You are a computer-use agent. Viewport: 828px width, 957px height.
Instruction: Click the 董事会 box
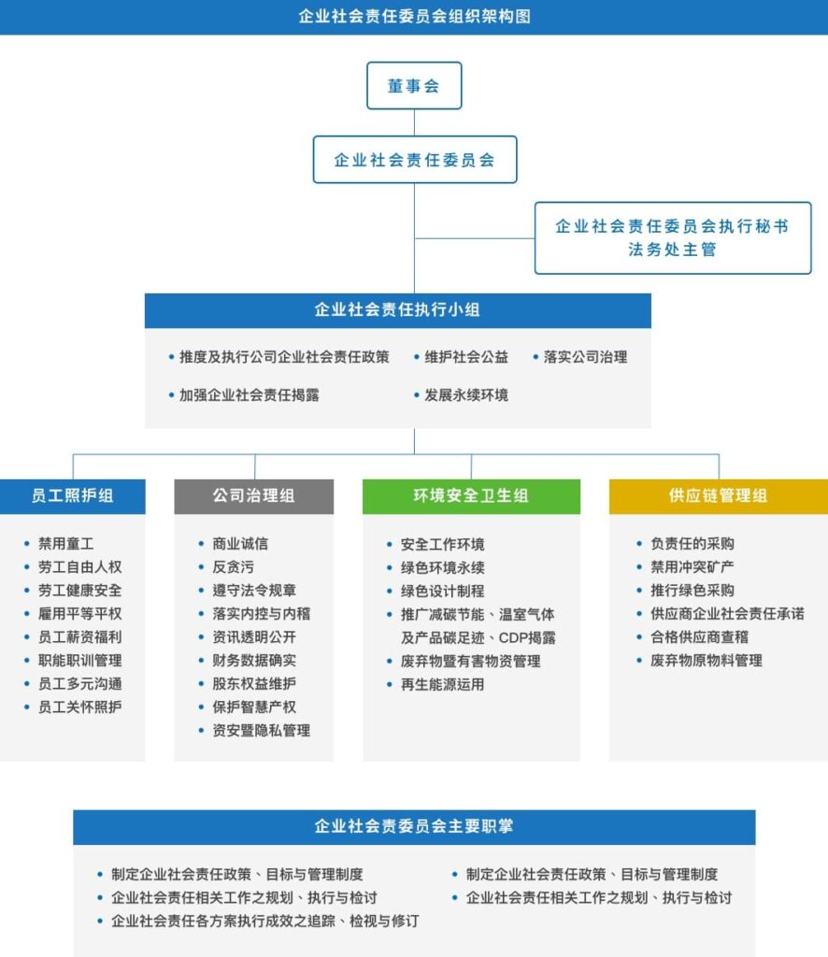tap(414, 85)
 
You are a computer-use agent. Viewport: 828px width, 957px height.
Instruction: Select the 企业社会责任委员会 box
tap(415, 159)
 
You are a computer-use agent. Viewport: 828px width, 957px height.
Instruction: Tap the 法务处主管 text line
tap(672, 250)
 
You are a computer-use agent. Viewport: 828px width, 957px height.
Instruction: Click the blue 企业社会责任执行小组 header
tap(398, 310)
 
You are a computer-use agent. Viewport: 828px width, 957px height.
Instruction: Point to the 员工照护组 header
tap(73, 495)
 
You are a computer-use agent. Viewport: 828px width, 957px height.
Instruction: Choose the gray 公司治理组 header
tap(254, 495)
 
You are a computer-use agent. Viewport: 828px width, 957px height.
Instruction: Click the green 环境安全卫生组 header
tap(471, 495)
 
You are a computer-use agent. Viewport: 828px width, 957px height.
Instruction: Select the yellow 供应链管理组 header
tap(718, 495)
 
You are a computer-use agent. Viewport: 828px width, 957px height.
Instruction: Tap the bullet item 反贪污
tap(226, 567)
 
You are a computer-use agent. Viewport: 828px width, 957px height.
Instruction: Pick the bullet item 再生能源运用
tap(435, 684)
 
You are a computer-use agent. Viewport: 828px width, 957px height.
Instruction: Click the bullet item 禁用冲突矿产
tap(685, 567)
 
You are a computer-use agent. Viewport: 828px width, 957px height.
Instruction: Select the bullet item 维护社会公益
tap(461, 357)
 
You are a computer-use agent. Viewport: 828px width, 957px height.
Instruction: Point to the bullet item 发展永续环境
tap(461, 395)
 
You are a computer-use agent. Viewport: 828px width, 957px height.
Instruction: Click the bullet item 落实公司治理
tap(579, 357)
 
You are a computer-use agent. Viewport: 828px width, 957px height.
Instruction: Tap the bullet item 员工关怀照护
tap(73, 707)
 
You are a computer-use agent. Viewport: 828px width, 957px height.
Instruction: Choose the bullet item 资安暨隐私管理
tap(254, 730)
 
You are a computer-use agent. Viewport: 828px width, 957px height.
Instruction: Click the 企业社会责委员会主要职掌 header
tap(414, 826)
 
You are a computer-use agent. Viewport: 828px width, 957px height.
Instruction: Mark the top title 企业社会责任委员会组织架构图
tap(414, 17)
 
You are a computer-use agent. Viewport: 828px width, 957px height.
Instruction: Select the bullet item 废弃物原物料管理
tap(699, 661)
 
